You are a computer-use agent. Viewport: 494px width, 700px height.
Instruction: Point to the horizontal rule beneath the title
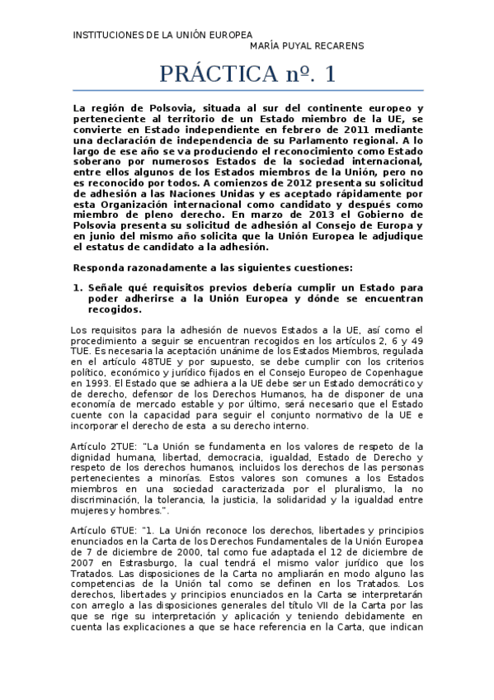click(248, 91)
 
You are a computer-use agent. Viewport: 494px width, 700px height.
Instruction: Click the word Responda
click(99, 267)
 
